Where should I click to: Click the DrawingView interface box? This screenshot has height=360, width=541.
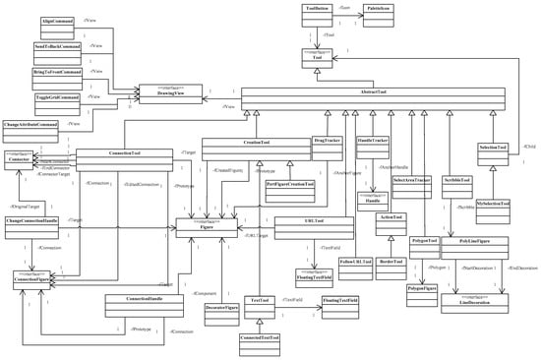[173, 91]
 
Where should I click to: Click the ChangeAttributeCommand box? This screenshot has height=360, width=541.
[30, 128]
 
